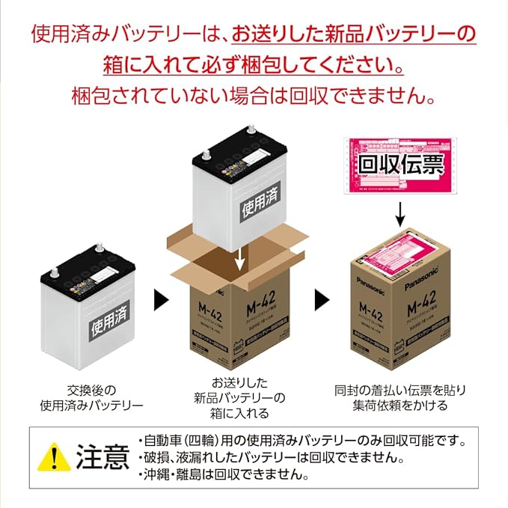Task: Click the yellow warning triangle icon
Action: [52, 456]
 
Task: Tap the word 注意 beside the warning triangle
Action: [102, 456]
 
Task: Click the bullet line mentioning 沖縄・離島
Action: [224, 474]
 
